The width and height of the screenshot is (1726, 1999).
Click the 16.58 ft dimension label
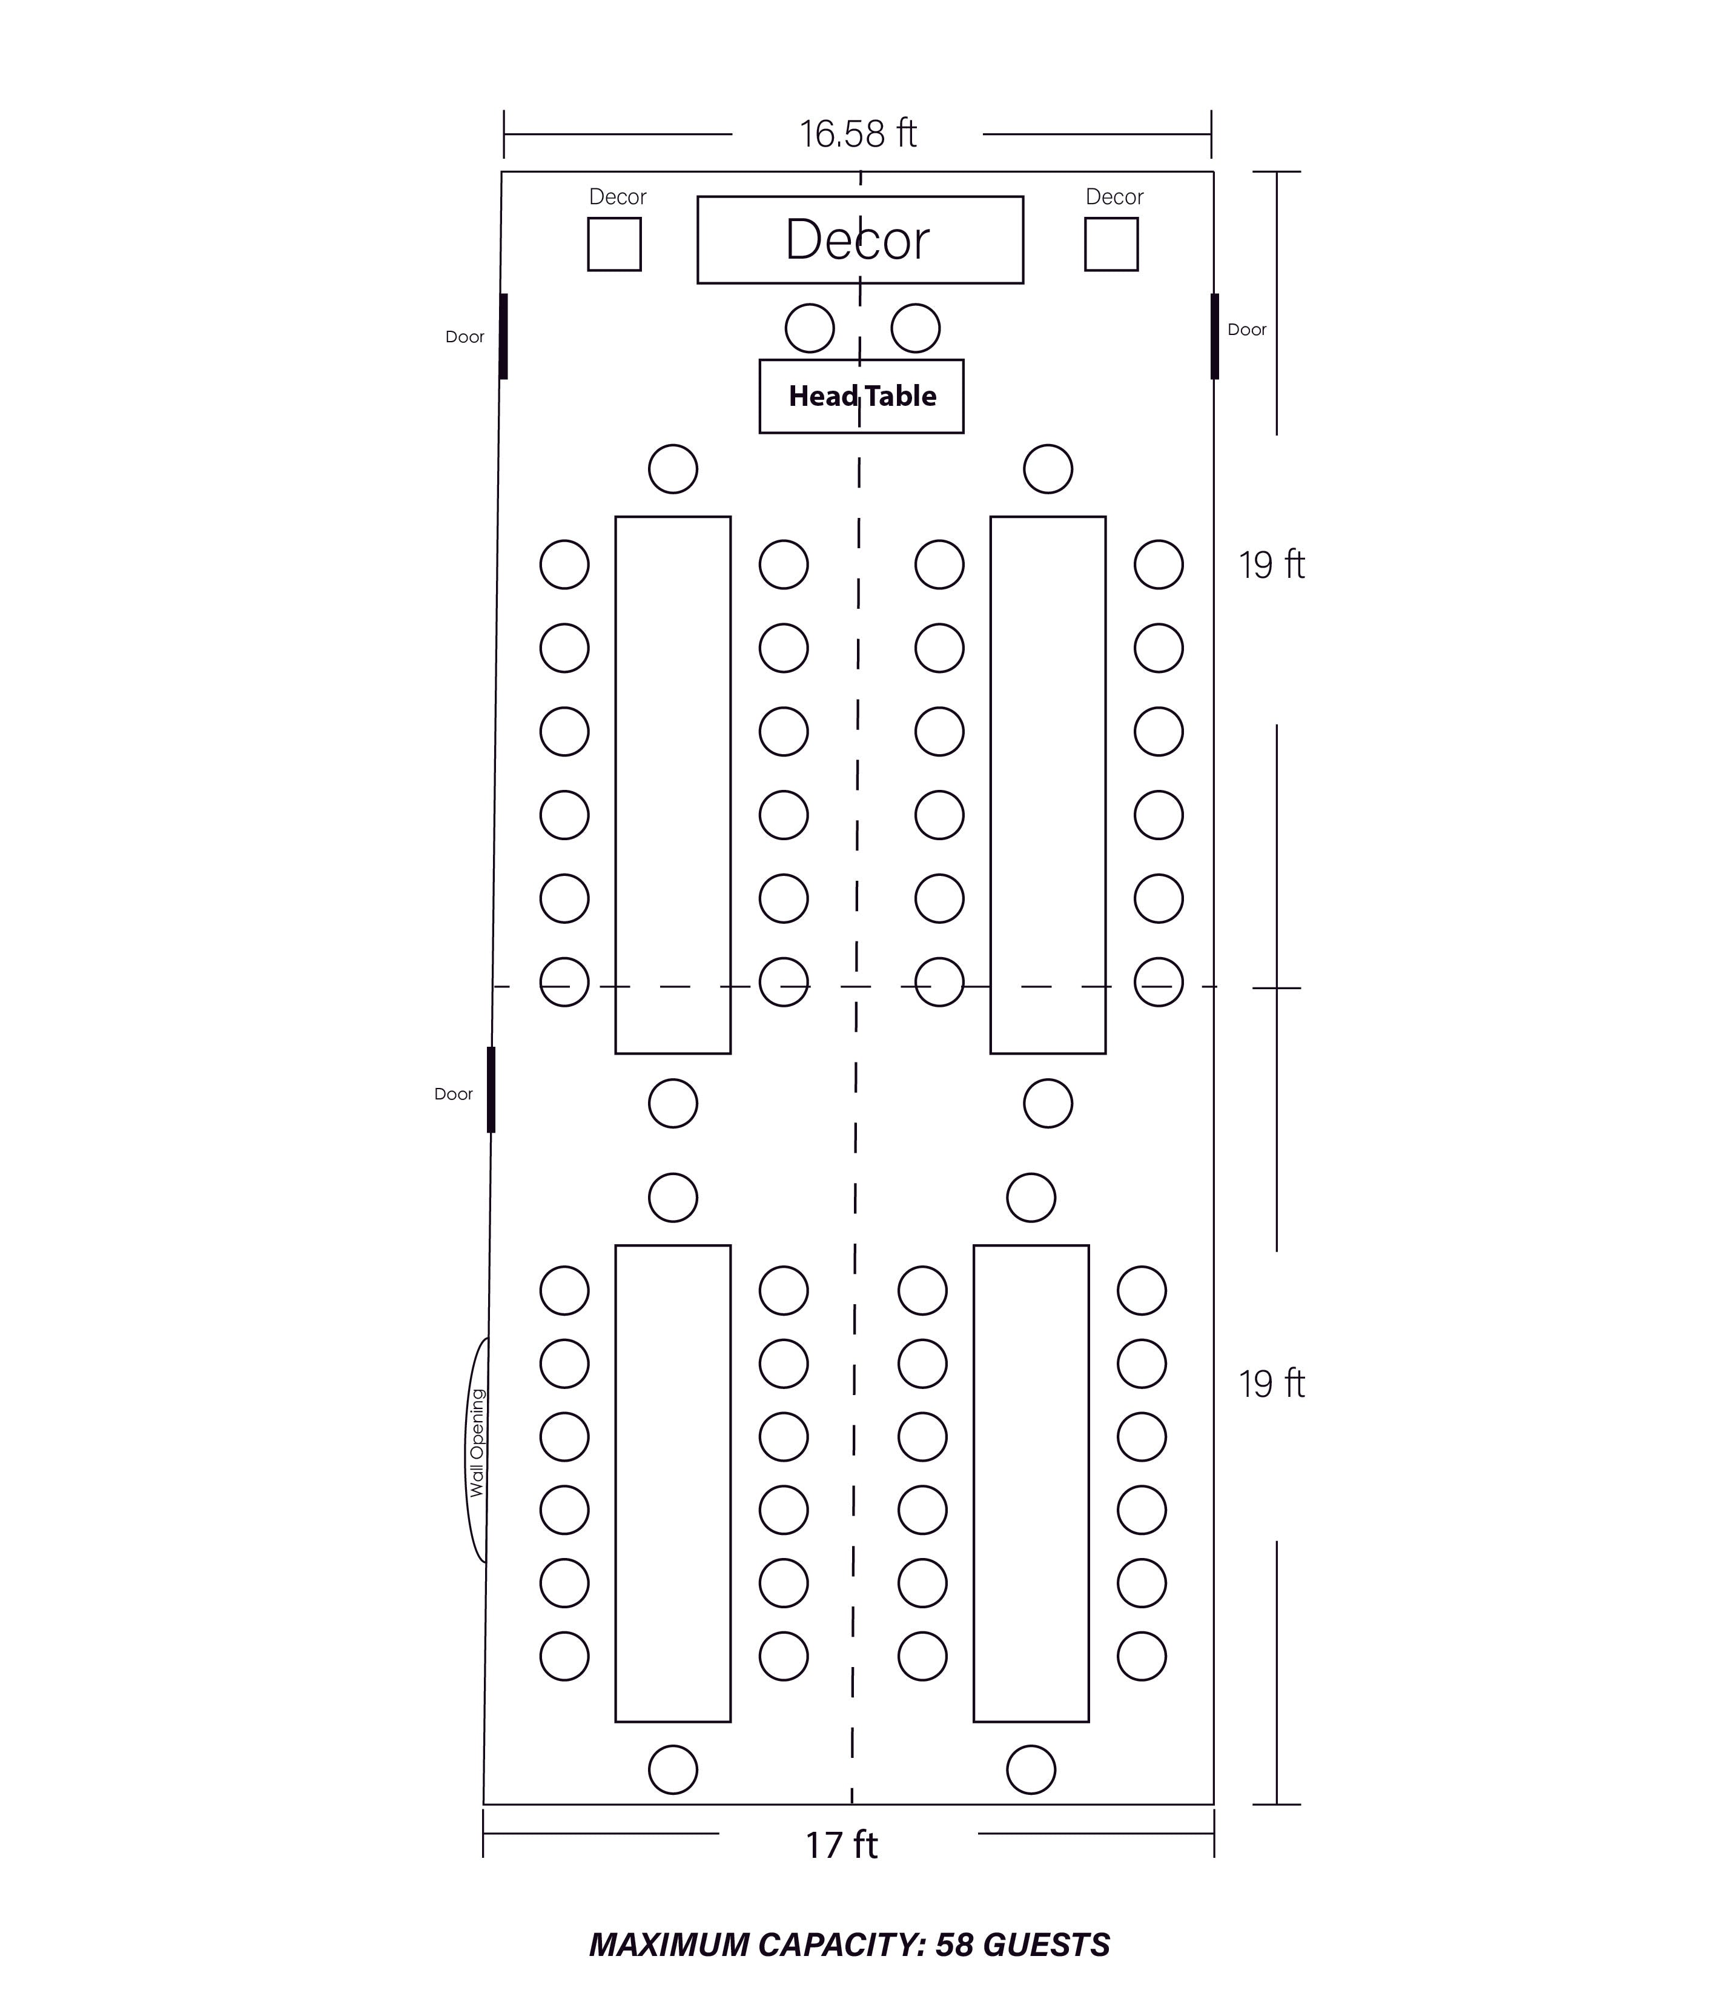[x=858, y=134]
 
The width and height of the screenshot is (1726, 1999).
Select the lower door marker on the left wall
[x=491, y=1089]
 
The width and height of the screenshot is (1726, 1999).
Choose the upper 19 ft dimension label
[x=1272, y=565]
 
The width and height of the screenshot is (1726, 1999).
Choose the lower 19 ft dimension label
[x=1272, y=1384]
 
